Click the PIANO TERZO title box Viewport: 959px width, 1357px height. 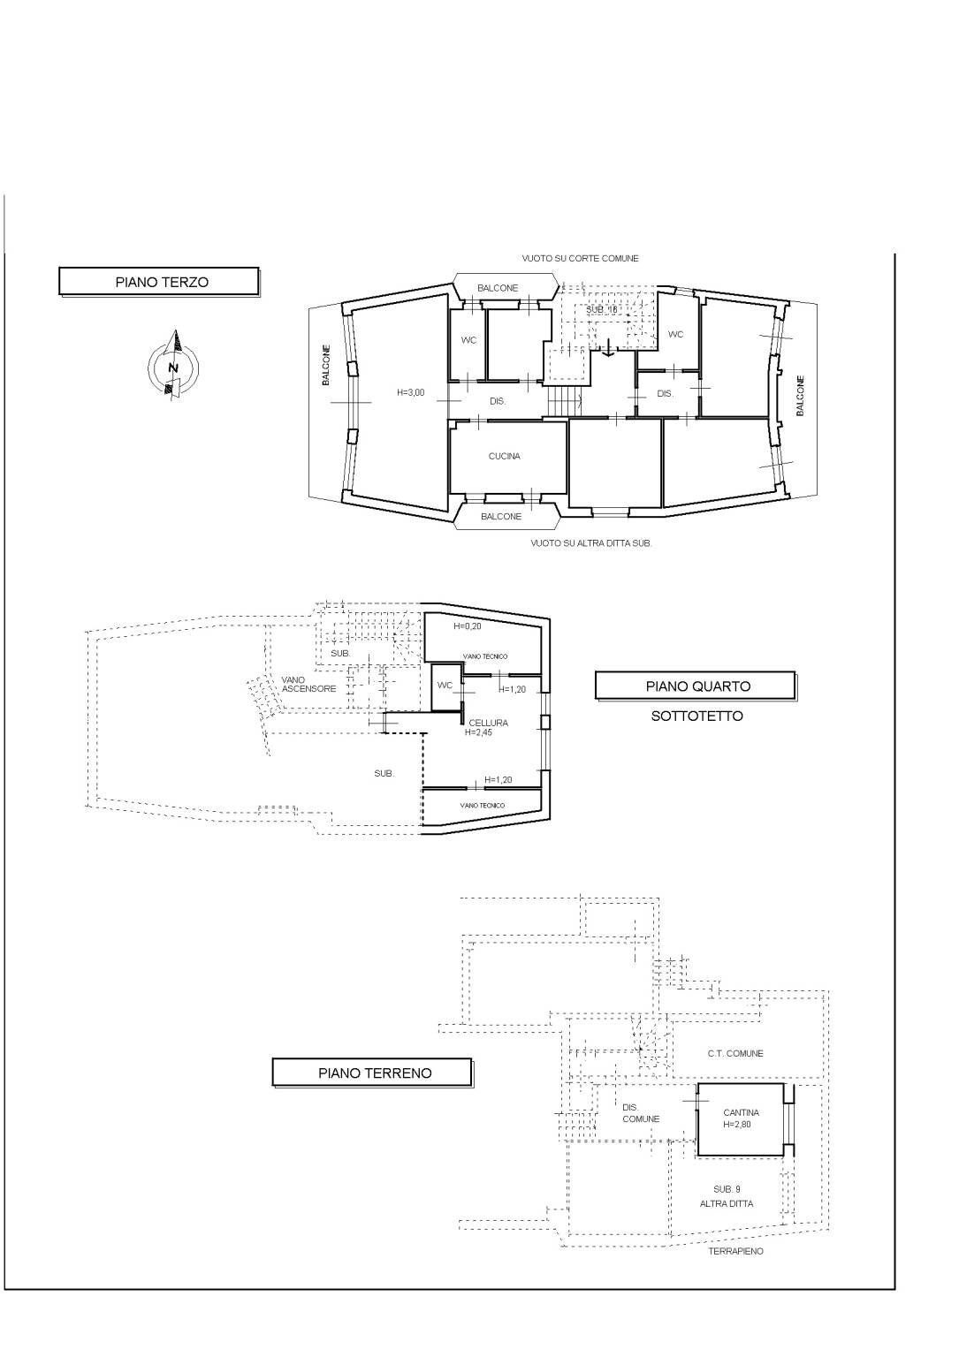coord(159,282)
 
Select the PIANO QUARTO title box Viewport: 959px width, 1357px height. coord(696,686)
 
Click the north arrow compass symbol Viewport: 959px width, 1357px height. coord(174,365)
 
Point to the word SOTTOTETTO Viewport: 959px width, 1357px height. coord(696,716)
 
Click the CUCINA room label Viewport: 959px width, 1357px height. coord(505,456)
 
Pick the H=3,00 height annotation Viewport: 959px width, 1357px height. coord(410,392)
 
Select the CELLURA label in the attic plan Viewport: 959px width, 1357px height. coord(488,723)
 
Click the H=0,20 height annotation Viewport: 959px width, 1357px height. coord(468,626)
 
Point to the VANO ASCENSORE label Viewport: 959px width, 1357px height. coord(308,684)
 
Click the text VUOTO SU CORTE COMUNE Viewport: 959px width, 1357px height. coord(580,258)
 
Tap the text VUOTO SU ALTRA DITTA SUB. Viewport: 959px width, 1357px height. coord(591,543)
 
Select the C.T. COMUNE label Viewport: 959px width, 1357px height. coord(734,1053)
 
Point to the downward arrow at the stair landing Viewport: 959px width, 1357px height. coord(607,346)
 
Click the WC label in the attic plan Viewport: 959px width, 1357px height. coord(445,686)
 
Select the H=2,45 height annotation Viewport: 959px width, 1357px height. coord(479,732)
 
